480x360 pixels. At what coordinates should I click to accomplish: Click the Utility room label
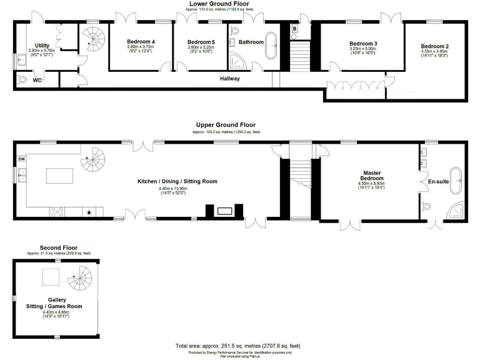click(x=42, y=46)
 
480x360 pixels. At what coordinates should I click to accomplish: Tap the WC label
click(x=37, y=80)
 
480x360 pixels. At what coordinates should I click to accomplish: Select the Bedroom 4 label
click(x=140, y=42)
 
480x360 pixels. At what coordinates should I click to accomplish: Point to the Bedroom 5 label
click(x=201, y=42)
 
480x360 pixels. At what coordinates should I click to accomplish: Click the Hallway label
click(x=230, y=79)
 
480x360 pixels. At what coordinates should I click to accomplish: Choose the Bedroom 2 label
click(x=434, y=46)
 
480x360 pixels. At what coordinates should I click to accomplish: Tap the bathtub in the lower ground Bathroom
click(x=272, y=44)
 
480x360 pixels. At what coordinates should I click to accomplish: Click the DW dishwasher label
click(x=22, y=159)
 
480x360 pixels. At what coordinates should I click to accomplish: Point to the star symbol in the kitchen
click(x=89, y=212)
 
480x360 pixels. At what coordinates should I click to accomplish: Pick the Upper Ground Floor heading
click(x=226, y=125)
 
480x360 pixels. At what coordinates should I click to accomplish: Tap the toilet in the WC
click(x=23, y=80)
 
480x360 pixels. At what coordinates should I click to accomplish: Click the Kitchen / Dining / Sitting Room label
click(x=177, y=182)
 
